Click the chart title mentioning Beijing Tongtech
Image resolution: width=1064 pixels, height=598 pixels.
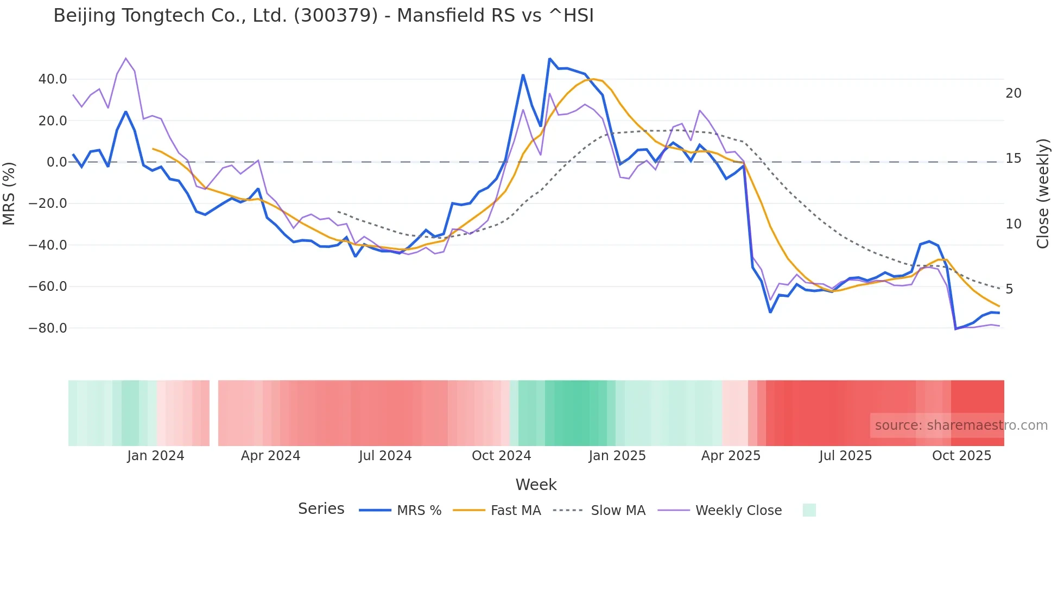324,16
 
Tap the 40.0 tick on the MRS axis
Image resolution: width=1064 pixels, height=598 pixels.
53,79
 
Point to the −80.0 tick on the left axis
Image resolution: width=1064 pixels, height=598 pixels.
48,328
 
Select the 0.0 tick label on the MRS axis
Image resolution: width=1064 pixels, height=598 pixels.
56,162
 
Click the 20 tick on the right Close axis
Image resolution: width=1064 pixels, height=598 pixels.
1013,93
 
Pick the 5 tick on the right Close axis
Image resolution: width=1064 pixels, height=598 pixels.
1009,289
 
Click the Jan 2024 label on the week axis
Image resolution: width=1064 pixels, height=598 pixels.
156,456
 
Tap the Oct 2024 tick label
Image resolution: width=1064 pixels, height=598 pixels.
501,456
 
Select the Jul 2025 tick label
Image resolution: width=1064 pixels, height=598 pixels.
845,456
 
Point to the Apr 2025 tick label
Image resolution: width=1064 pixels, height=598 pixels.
731,456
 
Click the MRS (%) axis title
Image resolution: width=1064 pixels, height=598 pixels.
9,193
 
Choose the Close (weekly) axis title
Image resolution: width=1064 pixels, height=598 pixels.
1043,194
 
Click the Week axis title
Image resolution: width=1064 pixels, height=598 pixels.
536,485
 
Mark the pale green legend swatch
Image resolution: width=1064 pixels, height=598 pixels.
809,510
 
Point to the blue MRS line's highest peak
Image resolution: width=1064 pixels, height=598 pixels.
549,59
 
